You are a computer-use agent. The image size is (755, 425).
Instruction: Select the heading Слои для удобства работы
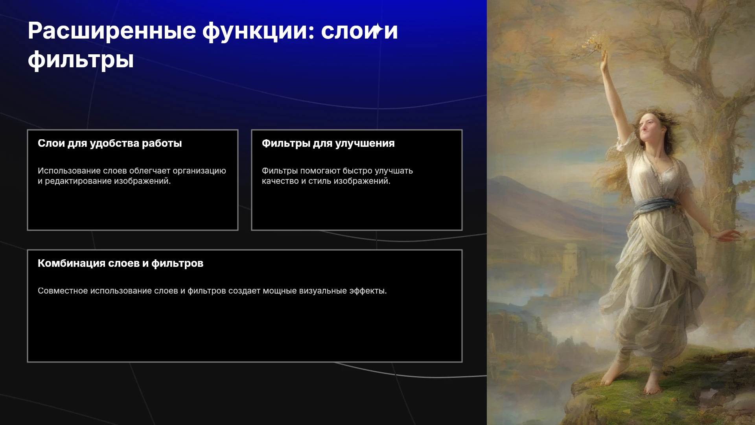[110, 143]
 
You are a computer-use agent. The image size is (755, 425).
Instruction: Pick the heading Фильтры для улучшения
[328, 143]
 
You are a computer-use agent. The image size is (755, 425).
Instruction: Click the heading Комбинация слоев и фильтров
[120, 263]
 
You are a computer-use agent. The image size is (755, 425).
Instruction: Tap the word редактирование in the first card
[78, 181]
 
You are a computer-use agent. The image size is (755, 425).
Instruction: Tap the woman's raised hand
[604, 59]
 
